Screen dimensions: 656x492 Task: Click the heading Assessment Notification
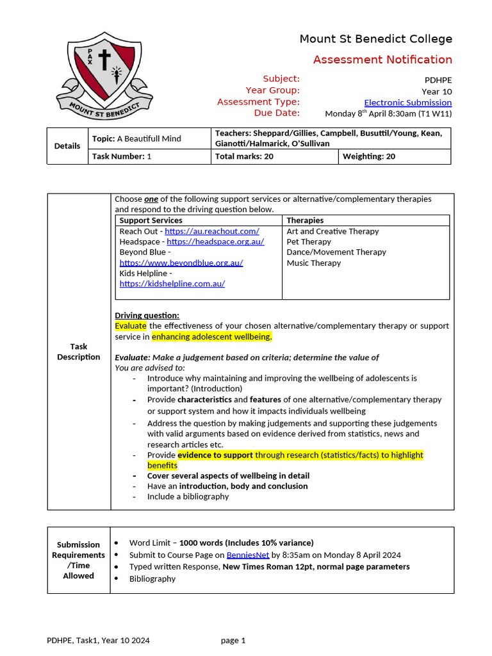click(x=382, y=60)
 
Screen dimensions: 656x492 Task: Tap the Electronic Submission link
click(x=407, y=102)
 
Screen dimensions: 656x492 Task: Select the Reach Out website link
click(x=212, y=231)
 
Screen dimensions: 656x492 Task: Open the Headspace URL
click(x=215, y=242)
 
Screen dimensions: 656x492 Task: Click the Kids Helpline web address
click(x=172, y=284)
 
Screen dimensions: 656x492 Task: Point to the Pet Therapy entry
click(x=309, y=242)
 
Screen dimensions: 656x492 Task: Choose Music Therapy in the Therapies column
click(x=313, y=263)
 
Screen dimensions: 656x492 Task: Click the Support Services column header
click(x=151, y=220)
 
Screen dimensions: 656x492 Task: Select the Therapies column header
click(x=305, y=220)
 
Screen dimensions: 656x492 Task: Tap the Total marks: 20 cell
click(x=244, y=156)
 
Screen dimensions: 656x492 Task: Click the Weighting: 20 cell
click(x=368, y=156)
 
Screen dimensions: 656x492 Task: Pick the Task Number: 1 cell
click(x=122, y=156)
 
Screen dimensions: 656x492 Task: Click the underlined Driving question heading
click(x=147, y=315)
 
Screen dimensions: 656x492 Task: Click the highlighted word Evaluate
click(x=131, y=325)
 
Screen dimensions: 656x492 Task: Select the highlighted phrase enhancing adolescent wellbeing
click(x=211, y=336)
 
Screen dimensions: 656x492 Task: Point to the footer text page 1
click(x=233, y=640)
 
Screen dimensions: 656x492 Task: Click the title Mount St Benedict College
click(x=375, y=39)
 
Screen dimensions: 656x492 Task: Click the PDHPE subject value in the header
click(x=438, y=81)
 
